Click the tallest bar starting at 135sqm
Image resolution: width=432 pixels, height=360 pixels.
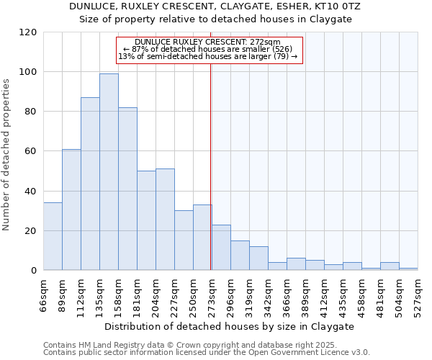[109, 172]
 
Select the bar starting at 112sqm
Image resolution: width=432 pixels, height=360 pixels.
[90, 184]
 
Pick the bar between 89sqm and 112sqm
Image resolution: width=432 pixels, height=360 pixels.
[71, 210]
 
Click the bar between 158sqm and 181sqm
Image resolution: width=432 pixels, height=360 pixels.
[127, 189]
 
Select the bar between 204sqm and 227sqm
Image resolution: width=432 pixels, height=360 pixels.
[165, 220]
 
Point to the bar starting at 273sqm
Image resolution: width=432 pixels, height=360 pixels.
[221, 248]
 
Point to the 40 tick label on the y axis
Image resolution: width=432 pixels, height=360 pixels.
[30, 192]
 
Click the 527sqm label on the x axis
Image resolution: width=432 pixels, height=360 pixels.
[418, 294]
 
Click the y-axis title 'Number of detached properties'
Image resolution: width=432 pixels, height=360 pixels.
[7, 155]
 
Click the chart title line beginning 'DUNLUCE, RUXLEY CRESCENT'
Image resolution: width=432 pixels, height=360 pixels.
[215, 6]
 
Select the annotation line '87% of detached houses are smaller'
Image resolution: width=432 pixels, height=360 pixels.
[208, 49]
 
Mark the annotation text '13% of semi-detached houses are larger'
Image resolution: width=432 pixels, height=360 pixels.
[208, 56]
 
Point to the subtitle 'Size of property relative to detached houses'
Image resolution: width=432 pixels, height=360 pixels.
[215, 19]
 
